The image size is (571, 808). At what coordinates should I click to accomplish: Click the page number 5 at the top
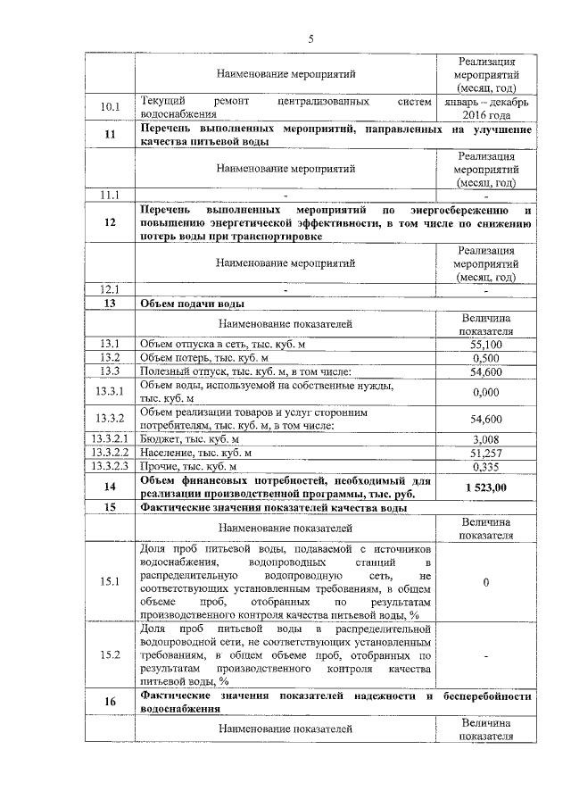(311, 38)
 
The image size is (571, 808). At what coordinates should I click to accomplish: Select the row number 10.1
(110, 108)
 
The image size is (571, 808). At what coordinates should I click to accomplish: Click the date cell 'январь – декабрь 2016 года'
(486, 108)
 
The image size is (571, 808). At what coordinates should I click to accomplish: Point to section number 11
(110, 136)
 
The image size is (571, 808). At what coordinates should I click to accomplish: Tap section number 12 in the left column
(110, 222)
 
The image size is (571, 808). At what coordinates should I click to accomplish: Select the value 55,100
(486, 344)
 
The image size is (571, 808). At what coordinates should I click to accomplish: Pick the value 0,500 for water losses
(486, 357)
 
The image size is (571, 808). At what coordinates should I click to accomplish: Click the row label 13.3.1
(110, 391)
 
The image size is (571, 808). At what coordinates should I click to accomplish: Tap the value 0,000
(486, 391)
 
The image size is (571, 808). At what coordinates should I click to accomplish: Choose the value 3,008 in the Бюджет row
(486, 439)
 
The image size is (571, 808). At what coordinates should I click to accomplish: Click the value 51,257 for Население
(486, 453)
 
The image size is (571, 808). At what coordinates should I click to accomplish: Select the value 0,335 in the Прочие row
(486, 466)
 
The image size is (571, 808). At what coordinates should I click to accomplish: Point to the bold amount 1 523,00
(486, 487)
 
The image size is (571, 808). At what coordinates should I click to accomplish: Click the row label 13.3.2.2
(110, 453)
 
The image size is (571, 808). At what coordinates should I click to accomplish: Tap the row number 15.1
(110, 582)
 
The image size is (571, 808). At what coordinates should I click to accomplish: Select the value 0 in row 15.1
(486, 582)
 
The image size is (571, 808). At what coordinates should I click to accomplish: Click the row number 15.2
(110, 655)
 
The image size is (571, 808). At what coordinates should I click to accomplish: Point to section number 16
(110, 702)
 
